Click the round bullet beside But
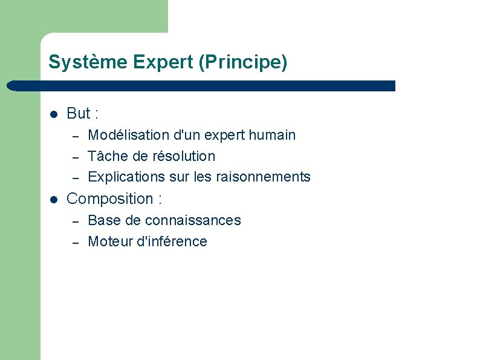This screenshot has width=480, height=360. (53, 114)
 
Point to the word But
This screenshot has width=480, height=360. (78, 114)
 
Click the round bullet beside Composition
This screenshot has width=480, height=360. (53, 199)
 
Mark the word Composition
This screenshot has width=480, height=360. (109, 199)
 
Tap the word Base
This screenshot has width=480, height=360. (104, 220)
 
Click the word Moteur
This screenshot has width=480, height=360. (109, 241)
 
